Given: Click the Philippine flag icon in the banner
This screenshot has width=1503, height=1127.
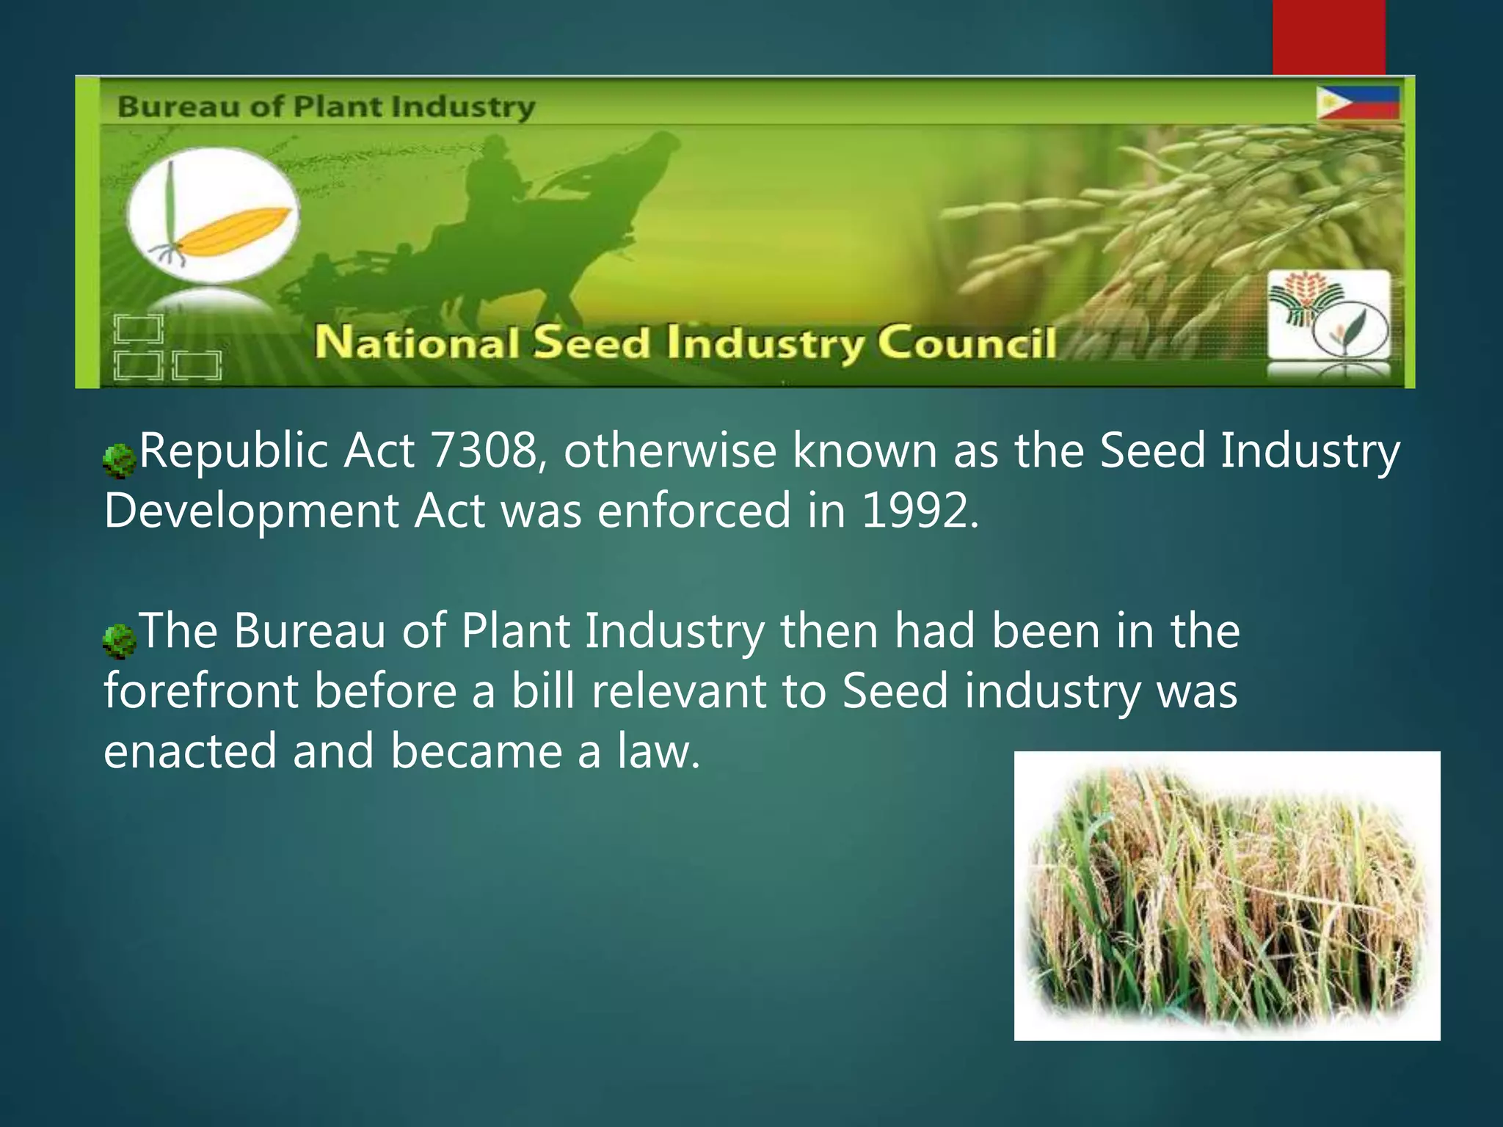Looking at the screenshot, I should tap(1358, 103).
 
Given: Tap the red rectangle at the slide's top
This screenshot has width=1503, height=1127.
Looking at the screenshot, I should tap(1328, 37).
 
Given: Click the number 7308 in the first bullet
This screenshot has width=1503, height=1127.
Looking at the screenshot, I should tap(484, 451).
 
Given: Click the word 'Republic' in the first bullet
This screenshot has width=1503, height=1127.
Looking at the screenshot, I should tap(233, 451).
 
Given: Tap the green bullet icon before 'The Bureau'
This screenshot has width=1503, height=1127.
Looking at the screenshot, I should tap(119, 641).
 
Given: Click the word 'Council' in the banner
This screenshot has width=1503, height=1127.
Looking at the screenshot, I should tap(967, 343).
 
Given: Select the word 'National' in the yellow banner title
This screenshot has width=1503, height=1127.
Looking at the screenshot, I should tap(417, 343).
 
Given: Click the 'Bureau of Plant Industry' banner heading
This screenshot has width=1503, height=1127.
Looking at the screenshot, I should tap(326, 107).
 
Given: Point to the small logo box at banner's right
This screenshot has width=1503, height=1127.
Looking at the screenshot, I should tap(1329, 316).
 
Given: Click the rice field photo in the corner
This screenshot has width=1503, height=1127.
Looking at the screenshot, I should tap(1226, 895).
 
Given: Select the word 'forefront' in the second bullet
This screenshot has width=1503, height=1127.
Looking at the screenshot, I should tap(200, 691).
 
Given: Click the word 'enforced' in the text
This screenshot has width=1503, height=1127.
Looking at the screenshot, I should tap(694, 511).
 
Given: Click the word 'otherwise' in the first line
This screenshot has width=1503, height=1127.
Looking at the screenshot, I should tap(669, 451).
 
